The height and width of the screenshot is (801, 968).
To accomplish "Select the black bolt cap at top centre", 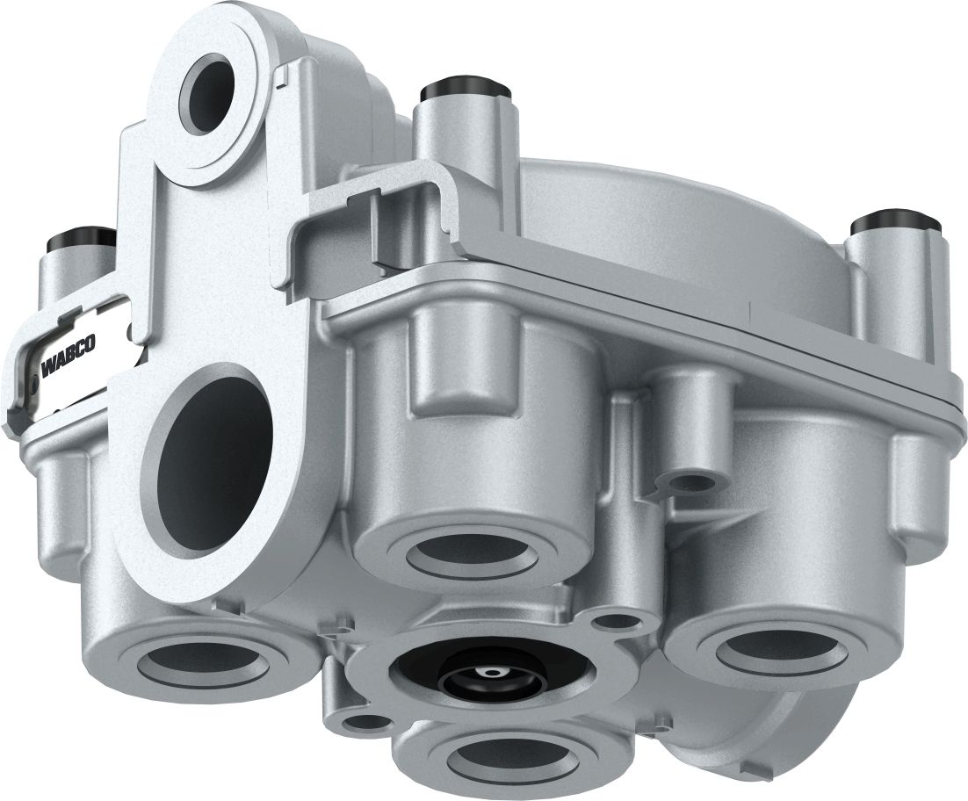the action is point(466,92).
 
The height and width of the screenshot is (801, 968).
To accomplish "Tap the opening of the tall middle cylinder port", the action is point(473,553).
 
